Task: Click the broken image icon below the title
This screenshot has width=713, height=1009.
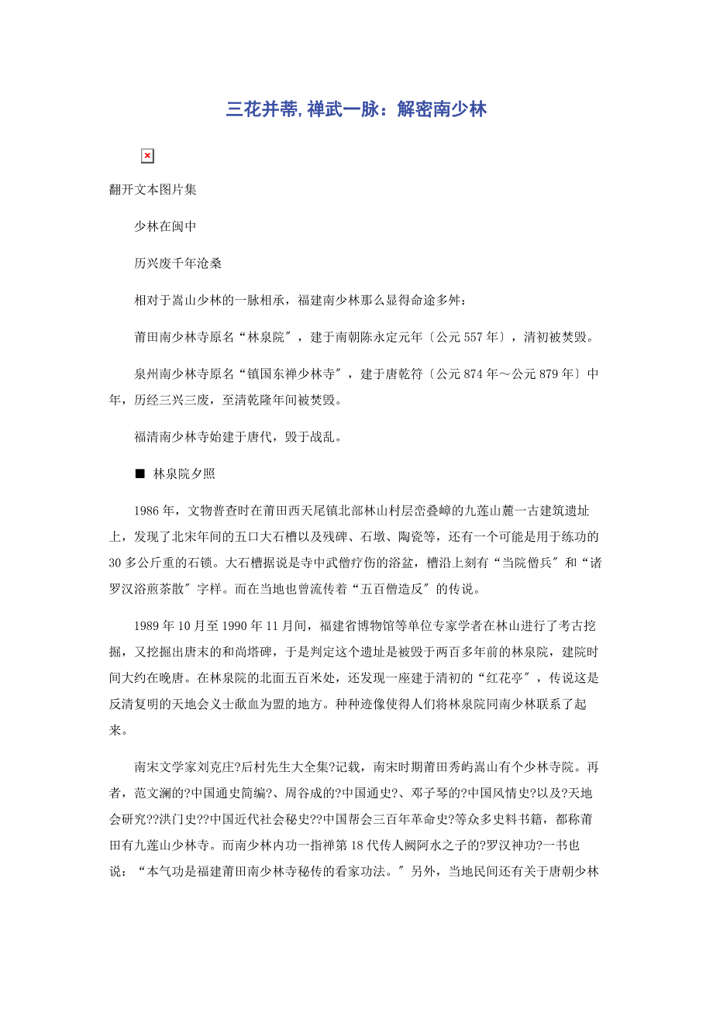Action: (147, 157)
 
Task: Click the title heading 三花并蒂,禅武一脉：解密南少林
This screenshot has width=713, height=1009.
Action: (356, 110)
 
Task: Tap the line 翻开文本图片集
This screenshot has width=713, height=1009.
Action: (153, 189)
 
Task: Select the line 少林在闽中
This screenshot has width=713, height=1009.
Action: (165, 226)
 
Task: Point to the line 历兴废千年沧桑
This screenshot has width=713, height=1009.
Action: (177, 263)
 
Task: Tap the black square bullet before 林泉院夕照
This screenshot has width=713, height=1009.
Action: (139, 474)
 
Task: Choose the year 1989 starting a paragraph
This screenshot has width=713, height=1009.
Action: (146, 625)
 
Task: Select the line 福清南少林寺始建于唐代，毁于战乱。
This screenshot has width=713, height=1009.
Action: (238, 436)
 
